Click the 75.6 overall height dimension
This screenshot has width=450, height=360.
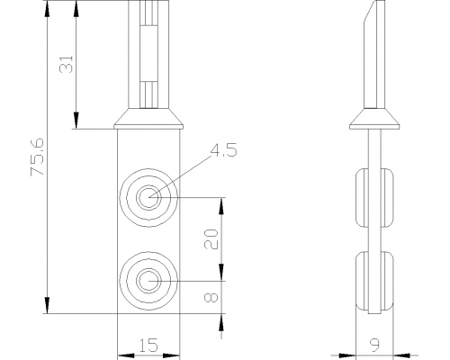[38, 157]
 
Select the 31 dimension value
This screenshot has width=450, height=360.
[67, 64]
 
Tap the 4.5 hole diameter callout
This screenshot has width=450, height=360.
[223, 150]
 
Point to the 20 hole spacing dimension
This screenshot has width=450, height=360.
[211, 239]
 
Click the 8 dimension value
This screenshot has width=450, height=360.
[211, 298]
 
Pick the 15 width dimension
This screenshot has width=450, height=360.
[148, 345]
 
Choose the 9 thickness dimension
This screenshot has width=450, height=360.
[374, 345]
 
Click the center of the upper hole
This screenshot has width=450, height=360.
[148, 198]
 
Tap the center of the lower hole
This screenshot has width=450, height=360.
[148, 281]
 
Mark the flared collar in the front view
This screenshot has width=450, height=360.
[148, 119]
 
